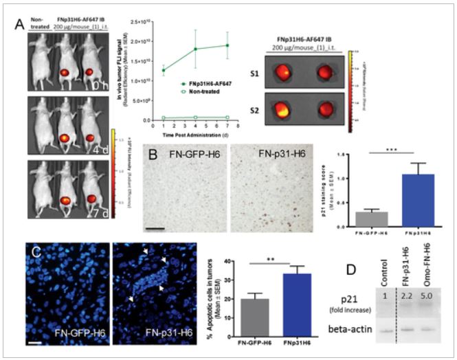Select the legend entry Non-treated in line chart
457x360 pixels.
[201, 90]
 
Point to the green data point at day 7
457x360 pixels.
[227, 45]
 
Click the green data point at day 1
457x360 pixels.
[162, 70]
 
